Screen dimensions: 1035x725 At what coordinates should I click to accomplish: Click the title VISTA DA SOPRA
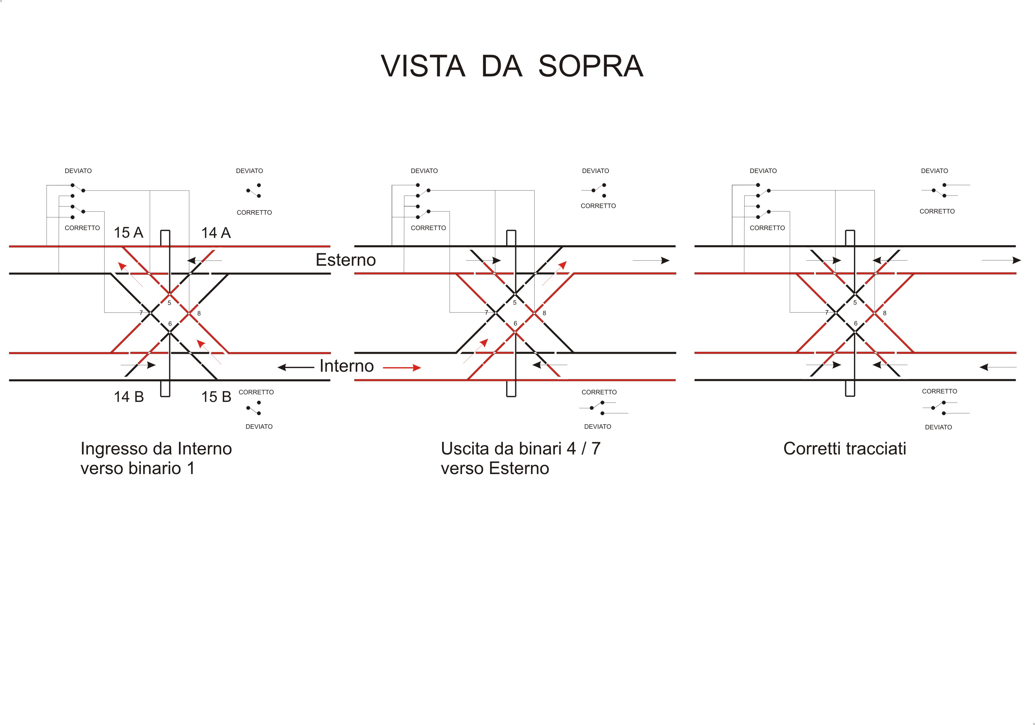click(512, 66)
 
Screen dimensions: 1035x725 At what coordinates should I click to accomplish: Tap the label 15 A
click(128, 233)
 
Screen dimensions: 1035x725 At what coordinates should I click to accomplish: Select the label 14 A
click(216, 233)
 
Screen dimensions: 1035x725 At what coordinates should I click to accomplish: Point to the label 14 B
click(128, 397)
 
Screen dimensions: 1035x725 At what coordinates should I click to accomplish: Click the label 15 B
click(216, 397)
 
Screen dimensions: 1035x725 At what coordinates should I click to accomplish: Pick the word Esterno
click(346, 260)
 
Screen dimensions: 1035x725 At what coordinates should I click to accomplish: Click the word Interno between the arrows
click(347, 366)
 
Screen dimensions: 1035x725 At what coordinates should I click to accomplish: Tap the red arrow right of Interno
click(402, 368)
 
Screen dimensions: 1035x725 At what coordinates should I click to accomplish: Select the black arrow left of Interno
click(296, 367)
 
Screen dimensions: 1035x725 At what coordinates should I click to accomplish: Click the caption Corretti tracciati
click(845, 448)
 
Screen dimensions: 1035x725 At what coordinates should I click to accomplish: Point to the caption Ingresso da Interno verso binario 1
click(156, 458)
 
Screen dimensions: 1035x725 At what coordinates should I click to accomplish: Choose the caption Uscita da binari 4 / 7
click(521, 448)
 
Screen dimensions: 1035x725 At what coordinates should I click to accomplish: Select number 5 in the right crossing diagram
click(855, 303)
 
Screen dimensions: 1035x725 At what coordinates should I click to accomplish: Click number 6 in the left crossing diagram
click(170, 324)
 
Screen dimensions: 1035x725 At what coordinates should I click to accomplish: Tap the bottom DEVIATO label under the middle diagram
click(598, 426)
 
